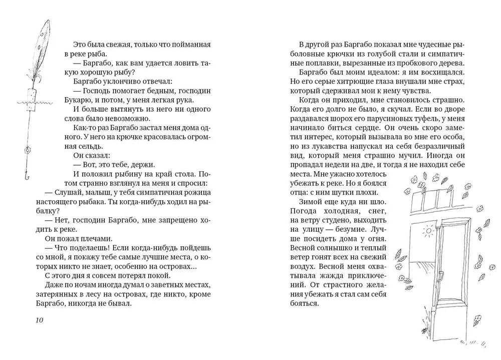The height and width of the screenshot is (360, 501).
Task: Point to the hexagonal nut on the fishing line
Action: point(28,150)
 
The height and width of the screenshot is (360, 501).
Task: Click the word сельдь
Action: point(92,147)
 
